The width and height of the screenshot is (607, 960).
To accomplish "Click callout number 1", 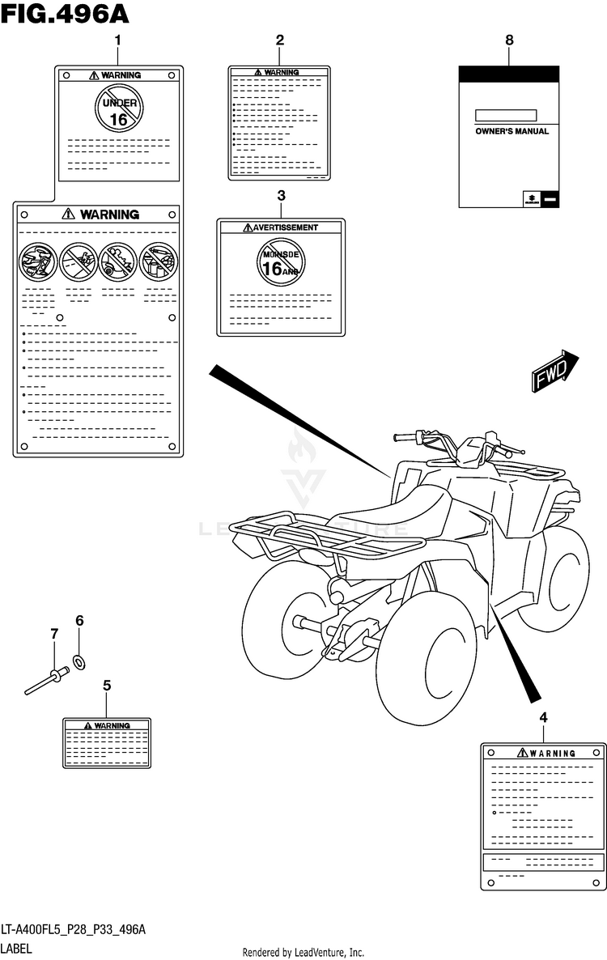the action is click(x=117, y=40).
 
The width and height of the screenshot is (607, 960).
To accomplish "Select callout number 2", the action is click(x=279, y=40).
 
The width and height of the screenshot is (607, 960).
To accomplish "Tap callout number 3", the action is click(x=281, y=196).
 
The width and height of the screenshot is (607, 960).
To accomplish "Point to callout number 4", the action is click(x=543, y=717).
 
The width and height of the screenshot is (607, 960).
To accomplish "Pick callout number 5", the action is click(x=107, y=685).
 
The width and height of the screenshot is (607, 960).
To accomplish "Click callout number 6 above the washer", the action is click(x=79, y=621).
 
